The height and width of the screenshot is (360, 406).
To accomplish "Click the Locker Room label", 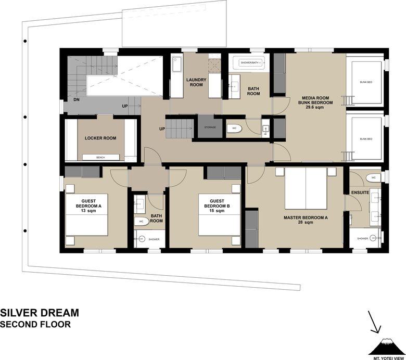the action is (100, 138).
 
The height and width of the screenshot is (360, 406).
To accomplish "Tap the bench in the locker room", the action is (101, 157).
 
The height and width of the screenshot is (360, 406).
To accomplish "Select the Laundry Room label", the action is (196, 82).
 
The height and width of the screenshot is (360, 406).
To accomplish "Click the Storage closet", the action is (210, 127).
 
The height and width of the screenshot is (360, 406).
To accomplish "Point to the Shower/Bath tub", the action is (249, 62).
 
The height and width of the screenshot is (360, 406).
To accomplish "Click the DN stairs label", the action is (77, 100).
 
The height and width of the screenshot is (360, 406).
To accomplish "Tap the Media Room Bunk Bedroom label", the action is (315, 100).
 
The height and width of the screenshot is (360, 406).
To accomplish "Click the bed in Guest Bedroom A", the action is (87, 215).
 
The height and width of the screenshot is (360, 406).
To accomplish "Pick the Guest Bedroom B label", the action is (217, 203).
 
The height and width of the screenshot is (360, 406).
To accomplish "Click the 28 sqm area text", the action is (306, 222).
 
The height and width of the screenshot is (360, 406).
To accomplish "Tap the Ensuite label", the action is (360, 192).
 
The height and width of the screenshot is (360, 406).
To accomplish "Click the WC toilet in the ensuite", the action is (373, 178).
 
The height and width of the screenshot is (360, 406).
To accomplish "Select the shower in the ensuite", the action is (365, 238).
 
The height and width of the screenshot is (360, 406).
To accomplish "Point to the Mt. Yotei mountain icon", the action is (386, 346).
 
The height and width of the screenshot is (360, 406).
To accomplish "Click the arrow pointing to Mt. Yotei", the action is (374, 322).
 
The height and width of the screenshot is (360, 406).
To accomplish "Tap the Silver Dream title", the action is (40, 313).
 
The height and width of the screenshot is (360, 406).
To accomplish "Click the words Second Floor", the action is (35, 324).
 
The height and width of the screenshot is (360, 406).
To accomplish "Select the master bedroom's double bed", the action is (306, 188).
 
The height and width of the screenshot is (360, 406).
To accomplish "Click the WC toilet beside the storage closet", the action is (234, 128).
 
